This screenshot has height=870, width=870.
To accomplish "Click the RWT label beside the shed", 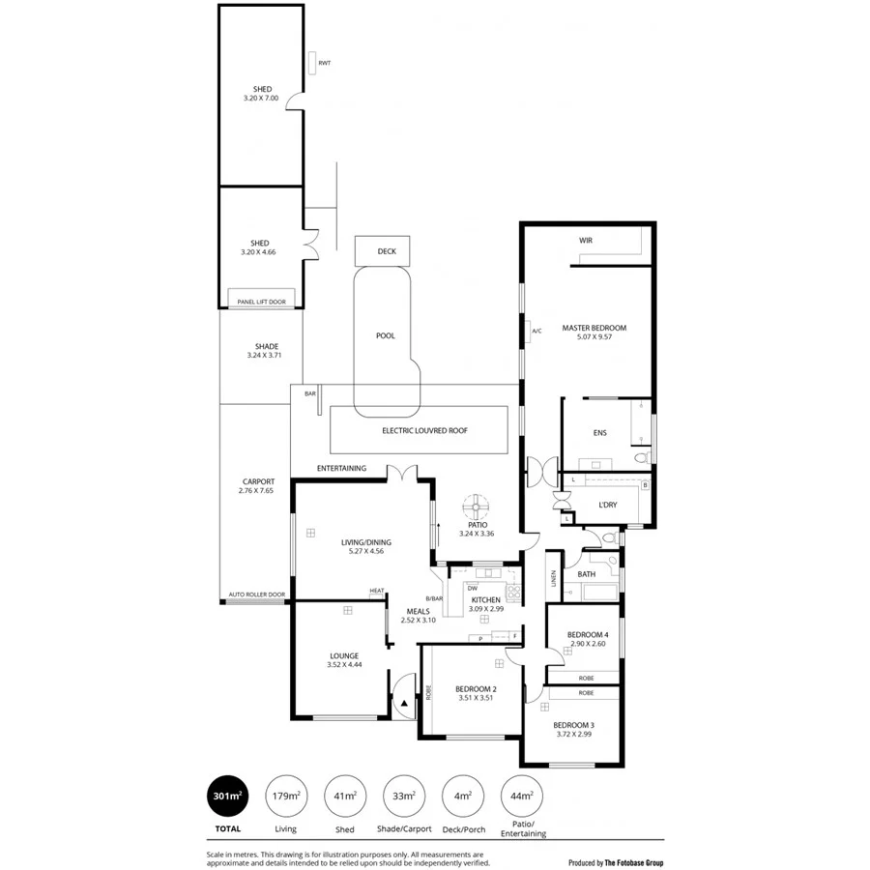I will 324,63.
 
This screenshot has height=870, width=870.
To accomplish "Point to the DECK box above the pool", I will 387,251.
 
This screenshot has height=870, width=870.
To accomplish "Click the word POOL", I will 386,336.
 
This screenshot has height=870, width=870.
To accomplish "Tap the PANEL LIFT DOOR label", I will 261,302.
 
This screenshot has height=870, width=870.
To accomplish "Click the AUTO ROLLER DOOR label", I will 256,594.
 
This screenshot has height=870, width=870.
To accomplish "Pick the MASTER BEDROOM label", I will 594,328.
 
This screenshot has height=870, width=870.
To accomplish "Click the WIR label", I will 585,239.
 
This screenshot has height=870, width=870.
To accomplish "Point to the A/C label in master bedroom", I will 536,332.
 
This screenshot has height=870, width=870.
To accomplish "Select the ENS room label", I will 599,432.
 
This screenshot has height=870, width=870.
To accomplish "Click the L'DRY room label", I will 608,506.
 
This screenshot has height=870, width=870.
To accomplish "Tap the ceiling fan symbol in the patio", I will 477,506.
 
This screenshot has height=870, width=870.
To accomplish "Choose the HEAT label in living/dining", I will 376,591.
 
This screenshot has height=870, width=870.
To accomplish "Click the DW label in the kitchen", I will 473,588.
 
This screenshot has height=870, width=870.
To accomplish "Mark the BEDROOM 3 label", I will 573,724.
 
